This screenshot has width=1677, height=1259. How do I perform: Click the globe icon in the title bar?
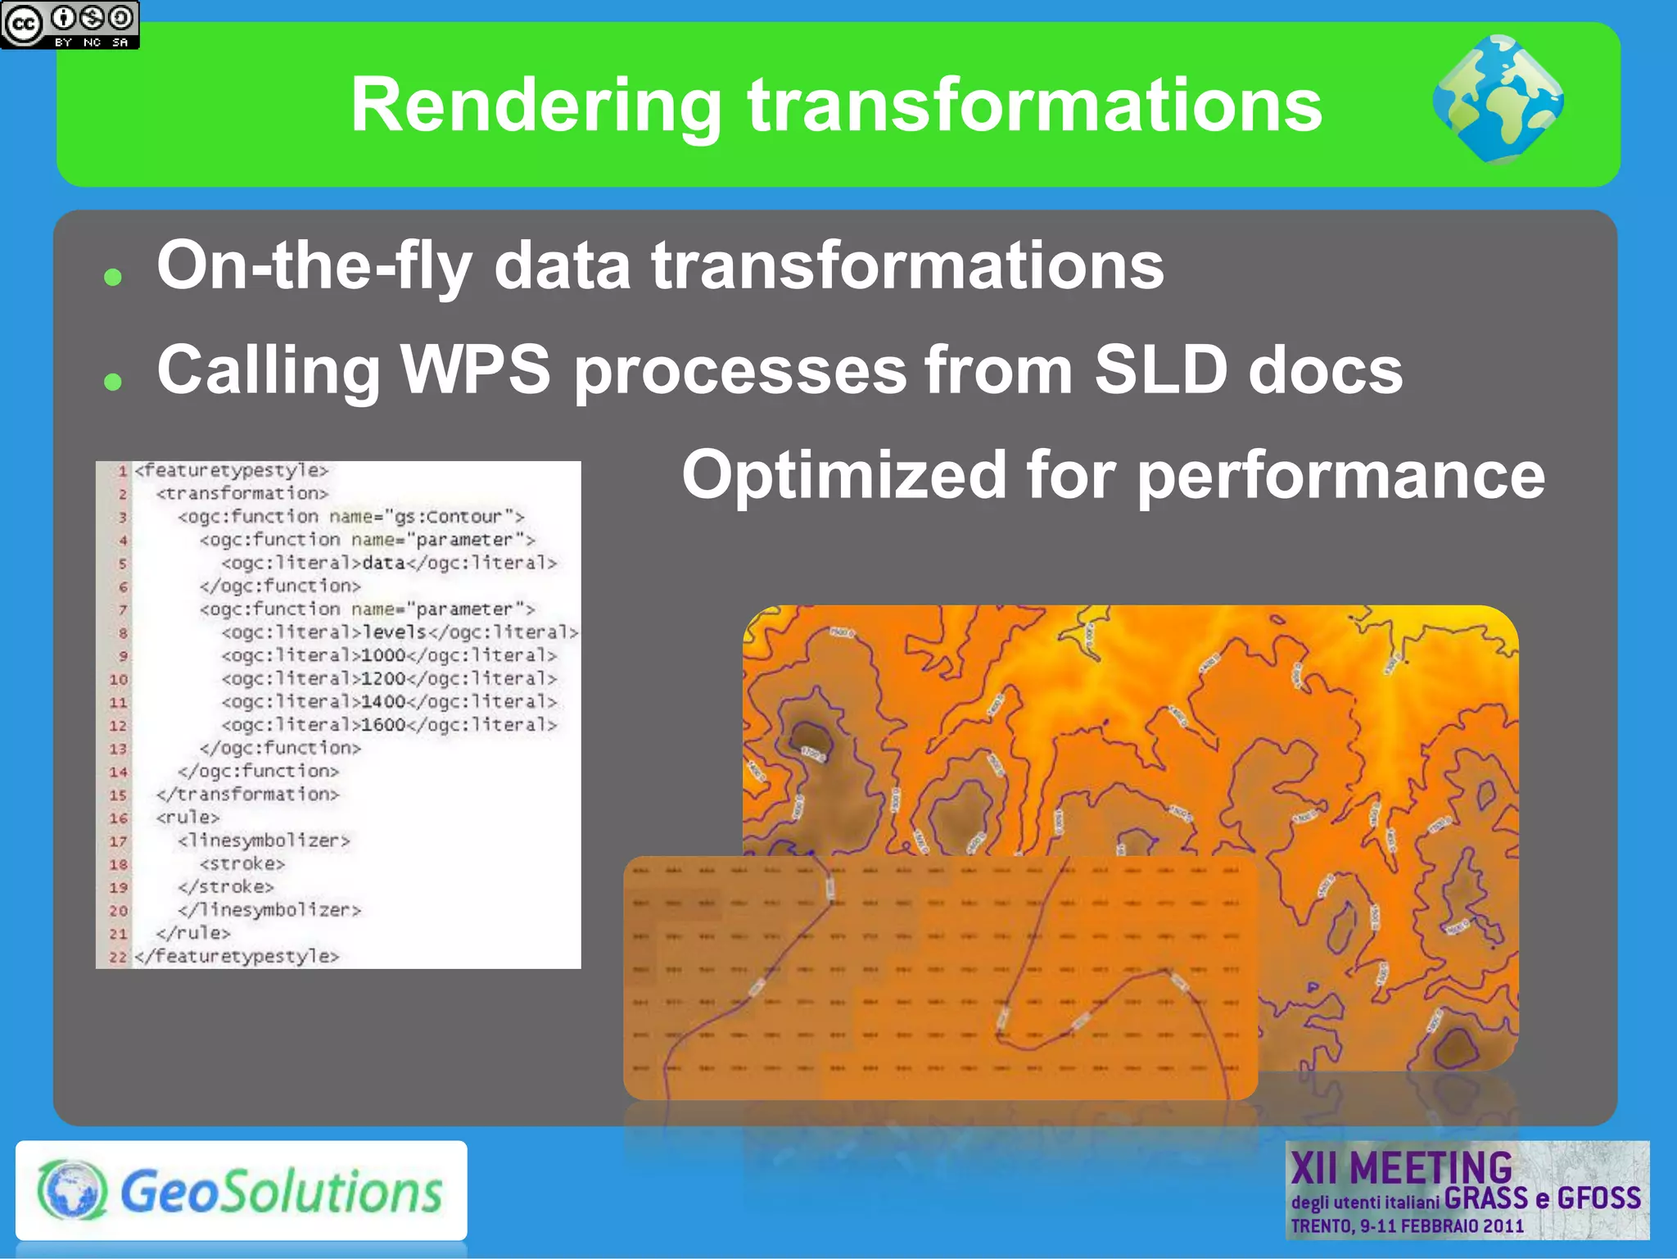coord(1498,99)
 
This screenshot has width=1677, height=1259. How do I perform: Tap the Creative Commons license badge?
coord(70,25)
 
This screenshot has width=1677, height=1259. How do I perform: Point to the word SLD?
coord(1161,369)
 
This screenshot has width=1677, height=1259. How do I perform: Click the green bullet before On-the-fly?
coord(113,277)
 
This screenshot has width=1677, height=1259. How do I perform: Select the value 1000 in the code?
coord(383,655)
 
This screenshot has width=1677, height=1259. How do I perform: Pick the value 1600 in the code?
coord(383,725)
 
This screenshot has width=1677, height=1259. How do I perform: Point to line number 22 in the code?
coord(118,957)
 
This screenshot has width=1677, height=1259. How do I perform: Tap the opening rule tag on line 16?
coord(188,817)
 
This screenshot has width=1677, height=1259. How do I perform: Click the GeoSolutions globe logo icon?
coord(72,1190)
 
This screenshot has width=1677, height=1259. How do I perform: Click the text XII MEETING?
coord(1401,1168)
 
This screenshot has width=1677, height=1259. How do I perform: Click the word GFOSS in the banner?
coord(1598,1198)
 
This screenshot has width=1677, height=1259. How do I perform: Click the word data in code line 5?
coord(383,564)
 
